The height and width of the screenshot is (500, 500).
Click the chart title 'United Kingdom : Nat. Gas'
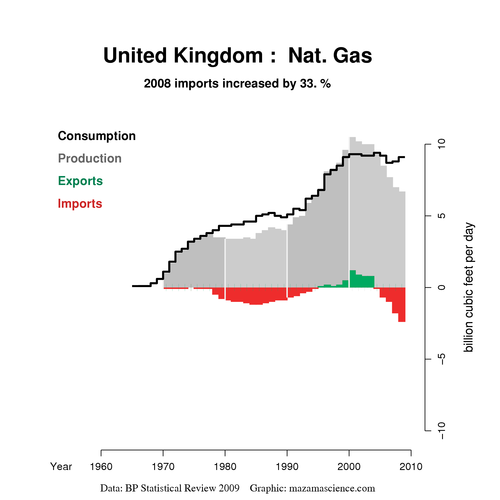click(x=238, y=56)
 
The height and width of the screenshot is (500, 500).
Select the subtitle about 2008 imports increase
click(x=238, y=84)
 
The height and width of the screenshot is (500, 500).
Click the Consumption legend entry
click(x=96, y=135)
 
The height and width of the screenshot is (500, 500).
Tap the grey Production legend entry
click(x=89, y=158)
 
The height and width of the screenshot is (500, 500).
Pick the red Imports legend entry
click(x=80, y=204)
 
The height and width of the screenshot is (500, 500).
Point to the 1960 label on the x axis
click(x=100, y=466)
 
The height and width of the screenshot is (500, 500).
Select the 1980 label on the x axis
click(x=225, y=466)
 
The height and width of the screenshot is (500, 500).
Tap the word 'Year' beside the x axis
click(x=62, y=466)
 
